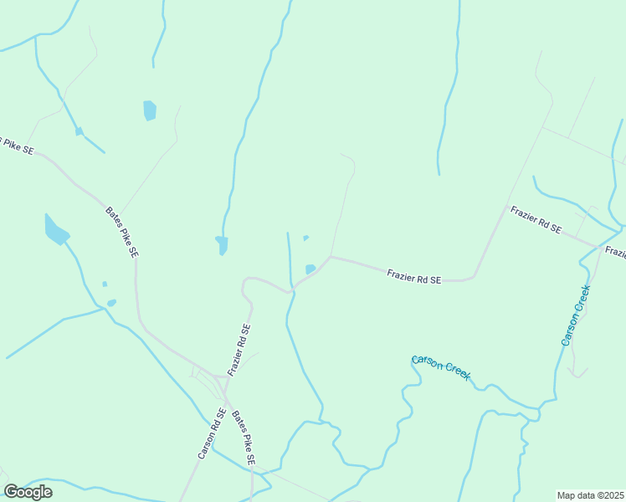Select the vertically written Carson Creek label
[576, 315]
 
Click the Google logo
[28, 492]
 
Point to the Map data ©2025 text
[590, 495]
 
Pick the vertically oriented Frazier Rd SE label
[239, 350]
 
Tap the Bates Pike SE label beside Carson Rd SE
[244, 438]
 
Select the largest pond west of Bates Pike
[55, 228]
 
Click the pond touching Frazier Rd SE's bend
[310, 269]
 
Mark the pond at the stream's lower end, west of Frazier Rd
[222, 244]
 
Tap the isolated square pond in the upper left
[150, 110]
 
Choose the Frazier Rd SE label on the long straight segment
[413, 276]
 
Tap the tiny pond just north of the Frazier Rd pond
[305, 238]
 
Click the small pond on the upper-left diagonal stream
[79, 131]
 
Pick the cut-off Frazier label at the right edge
[615, 252]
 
